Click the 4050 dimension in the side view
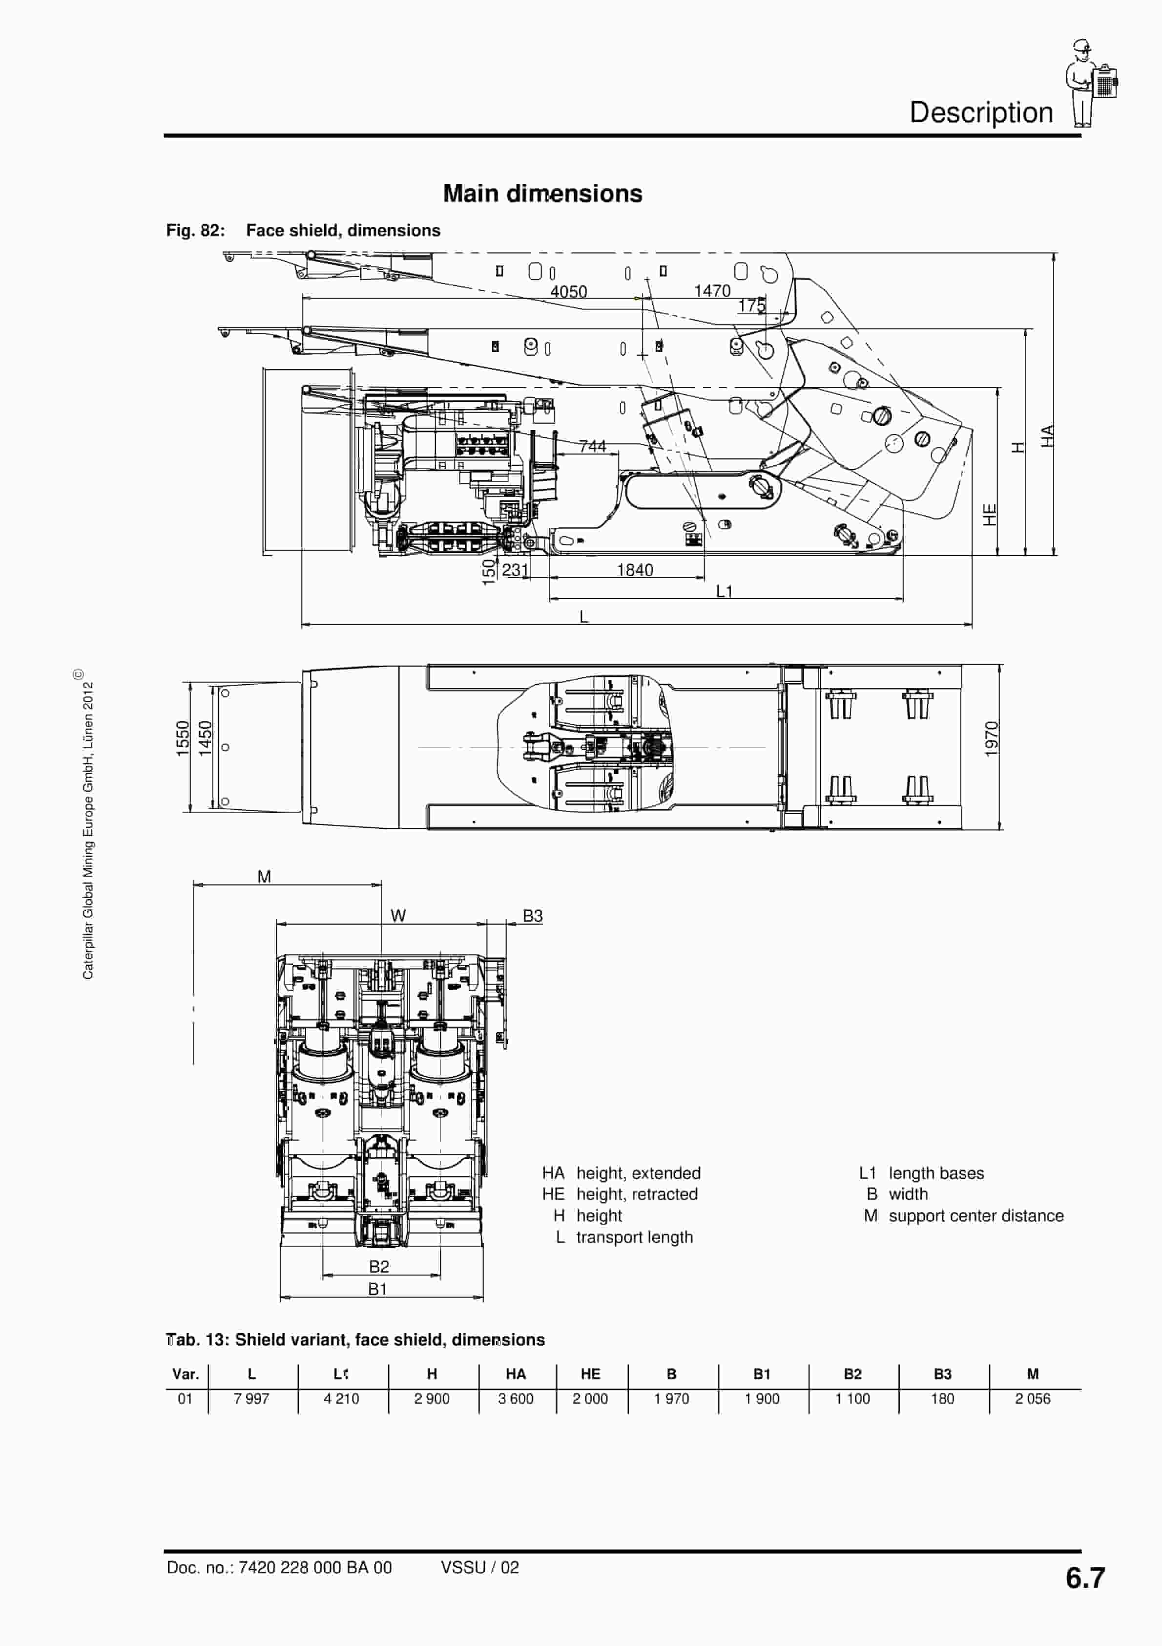tap(568, 292)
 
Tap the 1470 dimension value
tap(712, 291)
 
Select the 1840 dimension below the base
tap(635, 570)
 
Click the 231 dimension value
tap(515, 570)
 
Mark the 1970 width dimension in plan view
tap(991, 738)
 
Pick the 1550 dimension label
tap(183, 738)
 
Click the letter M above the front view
tap(264, 877)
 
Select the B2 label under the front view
tap(379, 1267)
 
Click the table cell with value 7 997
tap(251, 1399)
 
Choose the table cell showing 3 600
tap(516, 1399)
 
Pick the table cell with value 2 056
tap(1032, 1399)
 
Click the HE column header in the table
tap(590, 1374)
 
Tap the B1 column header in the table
tap(762, 1374)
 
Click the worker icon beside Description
tap(1090, 83)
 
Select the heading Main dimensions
tap(542, 194)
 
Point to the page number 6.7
tap(1085, 1578)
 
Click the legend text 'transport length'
tap(635, 1237)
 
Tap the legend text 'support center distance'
tap(975, 1216)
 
